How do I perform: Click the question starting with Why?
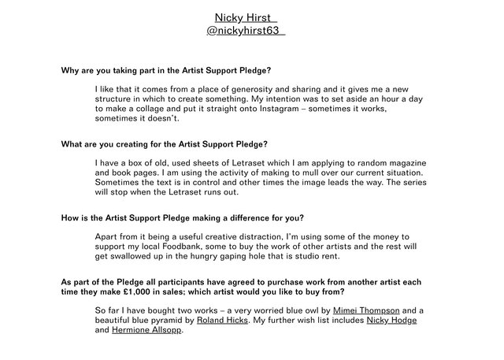(x=167, y=70)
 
